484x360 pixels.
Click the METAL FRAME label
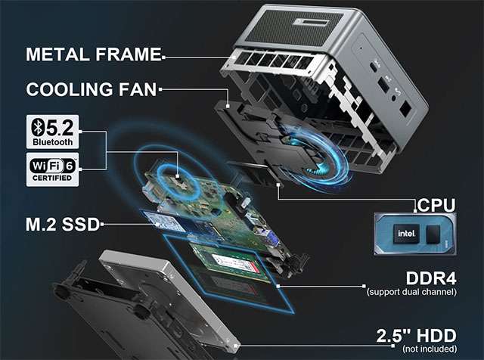[x=94, y=54]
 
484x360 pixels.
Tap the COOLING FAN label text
[x=92, y=89]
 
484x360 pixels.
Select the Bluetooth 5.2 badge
[x=52, y=132]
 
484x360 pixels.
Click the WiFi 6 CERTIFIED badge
[x=52, y=169]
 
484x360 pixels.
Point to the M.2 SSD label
[x=63, y=225]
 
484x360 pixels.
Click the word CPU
[x=436, y=205]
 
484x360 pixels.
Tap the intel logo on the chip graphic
[x=407, y=234]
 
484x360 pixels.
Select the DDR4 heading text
[x=431, y=278]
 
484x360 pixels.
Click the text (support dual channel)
[x=411, y=292]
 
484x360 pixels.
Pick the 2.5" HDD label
[x=416, y=336]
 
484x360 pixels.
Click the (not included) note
[x=430, y=349]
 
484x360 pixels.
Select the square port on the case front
[x=405, y=109]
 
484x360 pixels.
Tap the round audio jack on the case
[x=394, y=98]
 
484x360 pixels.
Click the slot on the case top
[x=312, y=22]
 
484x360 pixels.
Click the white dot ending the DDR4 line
[x=278, y=286]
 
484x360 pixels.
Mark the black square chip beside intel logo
[x=433, y=234]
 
